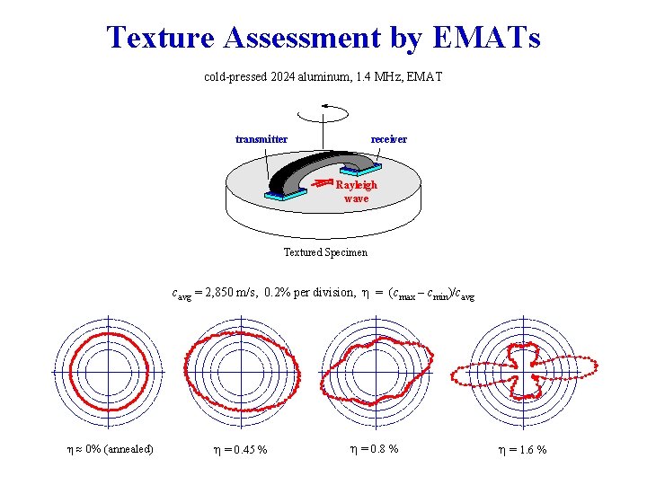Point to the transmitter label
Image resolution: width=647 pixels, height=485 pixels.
(261, 139)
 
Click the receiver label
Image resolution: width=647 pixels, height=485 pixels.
(389, 139)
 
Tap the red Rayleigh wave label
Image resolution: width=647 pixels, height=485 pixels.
(356, 190)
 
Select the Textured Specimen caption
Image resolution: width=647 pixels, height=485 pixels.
(325, 252)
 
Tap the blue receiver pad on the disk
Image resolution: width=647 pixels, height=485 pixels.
(361, 168)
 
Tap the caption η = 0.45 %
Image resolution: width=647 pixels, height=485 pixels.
(239, 449)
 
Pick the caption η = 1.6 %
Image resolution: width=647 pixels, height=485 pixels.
(522, 449)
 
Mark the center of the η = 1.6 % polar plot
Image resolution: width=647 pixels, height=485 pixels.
(524, 370)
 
